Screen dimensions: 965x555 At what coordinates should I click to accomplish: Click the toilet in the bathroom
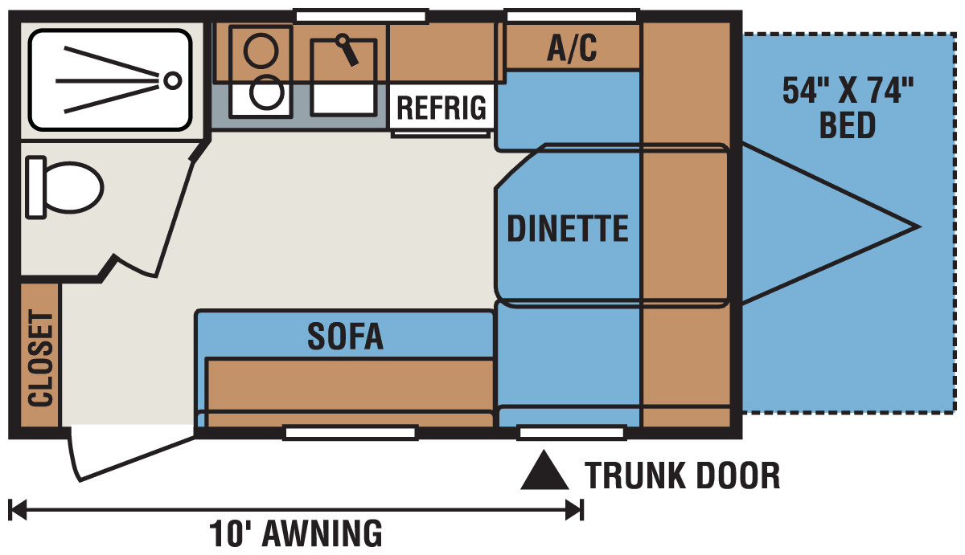[64, 188]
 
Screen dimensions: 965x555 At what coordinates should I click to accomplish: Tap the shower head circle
[173, 80]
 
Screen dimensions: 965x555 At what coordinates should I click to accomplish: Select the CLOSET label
[40, 358]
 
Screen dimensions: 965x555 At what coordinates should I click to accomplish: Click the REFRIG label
[441, 108]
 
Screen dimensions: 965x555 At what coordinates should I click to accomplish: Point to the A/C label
[572, 48]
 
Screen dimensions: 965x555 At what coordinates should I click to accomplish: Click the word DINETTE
[568, 228]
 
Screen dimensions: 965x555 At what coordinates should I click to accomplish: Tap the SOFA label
[345, 337]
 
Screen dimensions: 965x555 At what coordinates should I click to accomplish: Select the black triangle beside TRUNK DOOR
[544, 470]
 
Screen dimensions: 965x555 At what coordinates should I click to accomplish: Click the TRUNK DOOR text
[683, 475]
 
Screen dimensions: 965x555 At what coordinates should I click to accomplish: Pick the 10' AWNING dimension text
[296, 533]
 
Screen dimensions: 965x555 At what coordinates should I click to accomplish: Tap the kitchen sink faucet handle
[347, 50]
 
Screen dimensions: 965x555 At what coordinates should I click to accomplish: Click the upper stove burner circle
[261, 50]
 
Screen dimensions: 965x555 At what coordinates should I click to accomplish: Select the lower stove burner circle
[267, 92]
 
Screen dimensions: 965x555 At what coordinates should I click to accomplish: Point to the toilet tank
[35, 188]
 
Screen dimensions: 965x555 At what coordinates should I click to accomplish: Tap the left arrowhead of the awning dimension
[17, 510]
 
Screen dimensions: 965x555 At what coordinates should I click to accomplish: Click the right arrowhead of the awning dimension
[575, 510]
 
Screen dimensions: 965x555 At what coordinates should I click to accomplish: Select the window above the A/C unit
[572, 16]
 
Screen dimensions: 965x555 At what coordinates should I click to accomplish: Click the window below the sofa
[351, 433]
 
